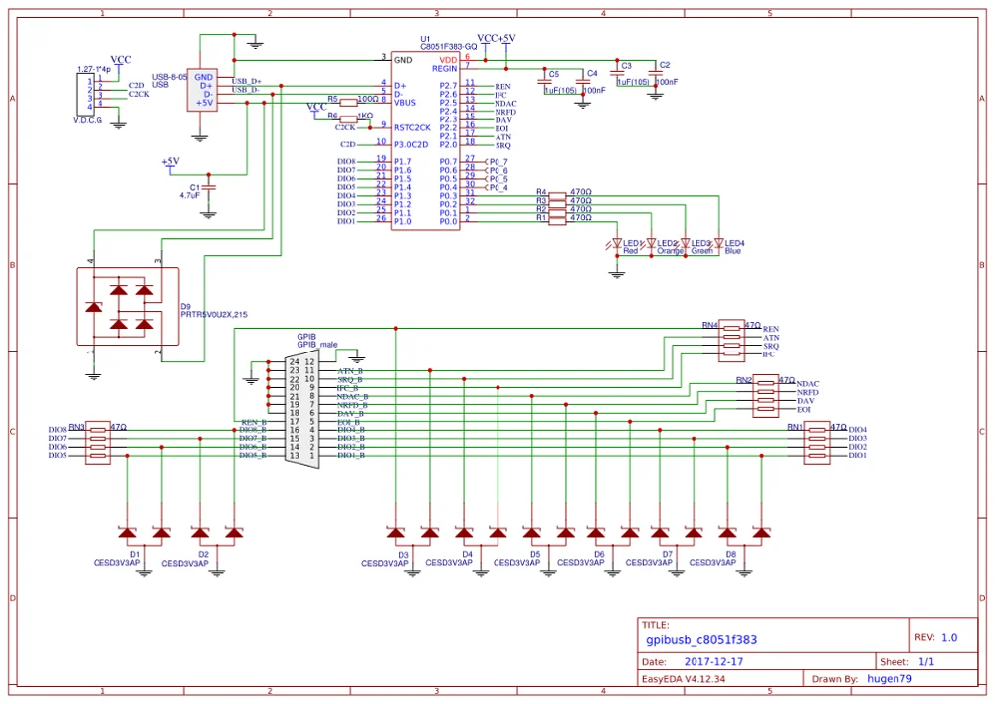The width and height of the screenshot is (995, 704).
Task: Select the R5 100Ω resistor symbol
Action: point(346,101)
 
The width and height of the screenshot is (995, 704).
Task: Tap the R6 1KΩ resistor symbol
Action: point(346,117)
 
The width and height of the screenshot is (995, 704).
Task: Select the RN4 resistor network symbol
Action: point(731,340)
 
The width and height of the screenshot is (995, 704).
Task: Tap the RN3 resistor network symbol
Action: point(97,441)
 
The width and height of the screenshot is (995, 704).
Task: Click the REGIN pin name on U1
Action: point(444,68)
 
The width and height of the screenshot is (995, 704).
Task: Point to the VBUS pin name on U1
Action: point(406,102)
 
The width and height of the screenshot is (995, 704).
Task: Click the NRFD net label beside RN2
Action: point(809,392)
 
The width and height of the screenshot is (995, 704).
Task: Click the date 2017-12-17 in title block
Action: point(714,661)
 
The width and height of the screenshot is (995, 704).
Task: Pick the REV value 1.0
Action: point(949,638)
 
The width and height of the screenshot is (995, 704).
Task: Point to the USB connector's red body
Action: point(204,89)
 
